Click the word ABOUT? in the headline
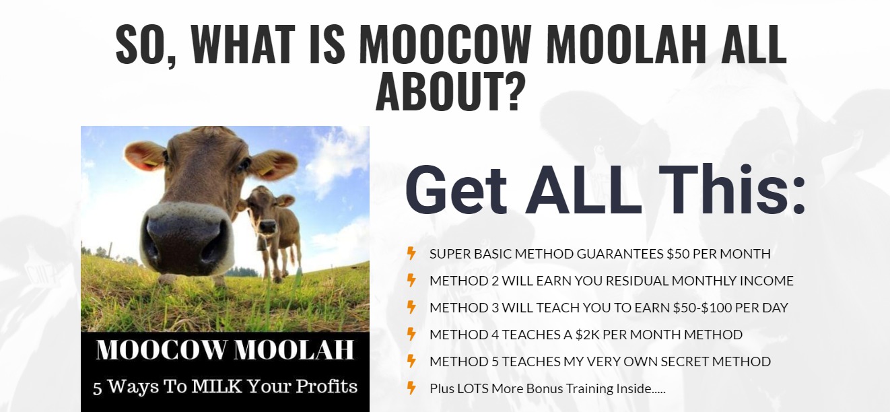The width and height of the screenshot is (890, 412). (x=450, y=92)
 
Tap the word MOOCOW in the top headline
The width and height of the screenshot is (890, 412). (x=445, y=44)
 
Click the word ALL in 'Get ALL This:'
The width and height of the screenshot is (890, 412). (x=583, y=190)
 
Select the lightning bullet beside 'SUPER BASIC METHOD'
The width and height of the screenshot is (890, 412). (x=411, y=254)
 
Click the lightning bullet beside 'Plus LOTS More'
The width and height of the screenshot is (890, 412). (x=411, y=388)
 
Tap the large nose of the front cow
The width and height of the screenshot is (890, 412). (x=186, y=238)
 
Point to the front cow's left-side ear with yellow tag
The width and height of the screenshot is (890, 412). (x=145, y=155)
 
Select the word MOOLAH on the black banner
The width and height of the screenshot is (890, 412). (x=294, y=349)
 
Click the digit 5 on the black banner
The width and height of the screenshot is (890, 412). (x=98, y=387)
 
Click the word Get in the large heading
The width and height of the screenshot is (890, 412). (x=456, y=190)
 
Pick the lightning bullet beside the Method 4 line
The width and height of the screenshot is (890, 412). (x=411, y=334)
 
